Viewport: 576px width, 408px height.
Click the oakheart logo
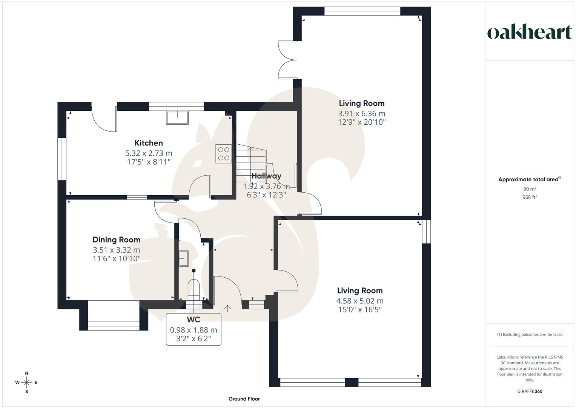click(530, 32)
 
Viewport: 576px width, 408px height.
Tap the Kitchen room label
click(149, 143)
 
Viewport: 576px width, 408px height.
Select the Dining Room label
click(116, 240)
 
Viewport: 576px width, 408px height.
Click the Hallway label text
click(266, 176)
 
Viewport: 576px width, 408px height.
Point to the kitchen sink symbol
click(177, 117)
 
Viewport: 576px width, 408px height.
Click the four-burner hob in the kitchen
click(223, 154)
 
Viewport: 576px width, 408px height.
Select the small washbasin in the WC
click(184, 259)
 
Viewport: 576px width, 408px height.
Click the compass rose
click(26, 382)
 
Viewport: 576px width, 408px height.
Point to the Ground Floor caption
click(244, 399)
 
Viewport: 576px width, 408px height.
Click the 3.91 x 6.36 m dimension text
click(361, 113)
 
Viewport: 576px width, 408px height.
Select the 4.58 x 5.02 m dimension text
click(359, 301)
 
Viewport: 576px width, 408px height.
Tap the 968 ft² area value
click(529, 197)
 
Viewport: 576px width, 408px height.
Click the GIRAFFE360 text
click(529, 391)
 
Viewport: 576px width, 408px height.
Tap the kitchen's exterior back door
click(104, 120)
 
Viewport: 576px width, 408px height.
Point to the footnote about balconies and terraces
click(529, 334)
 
